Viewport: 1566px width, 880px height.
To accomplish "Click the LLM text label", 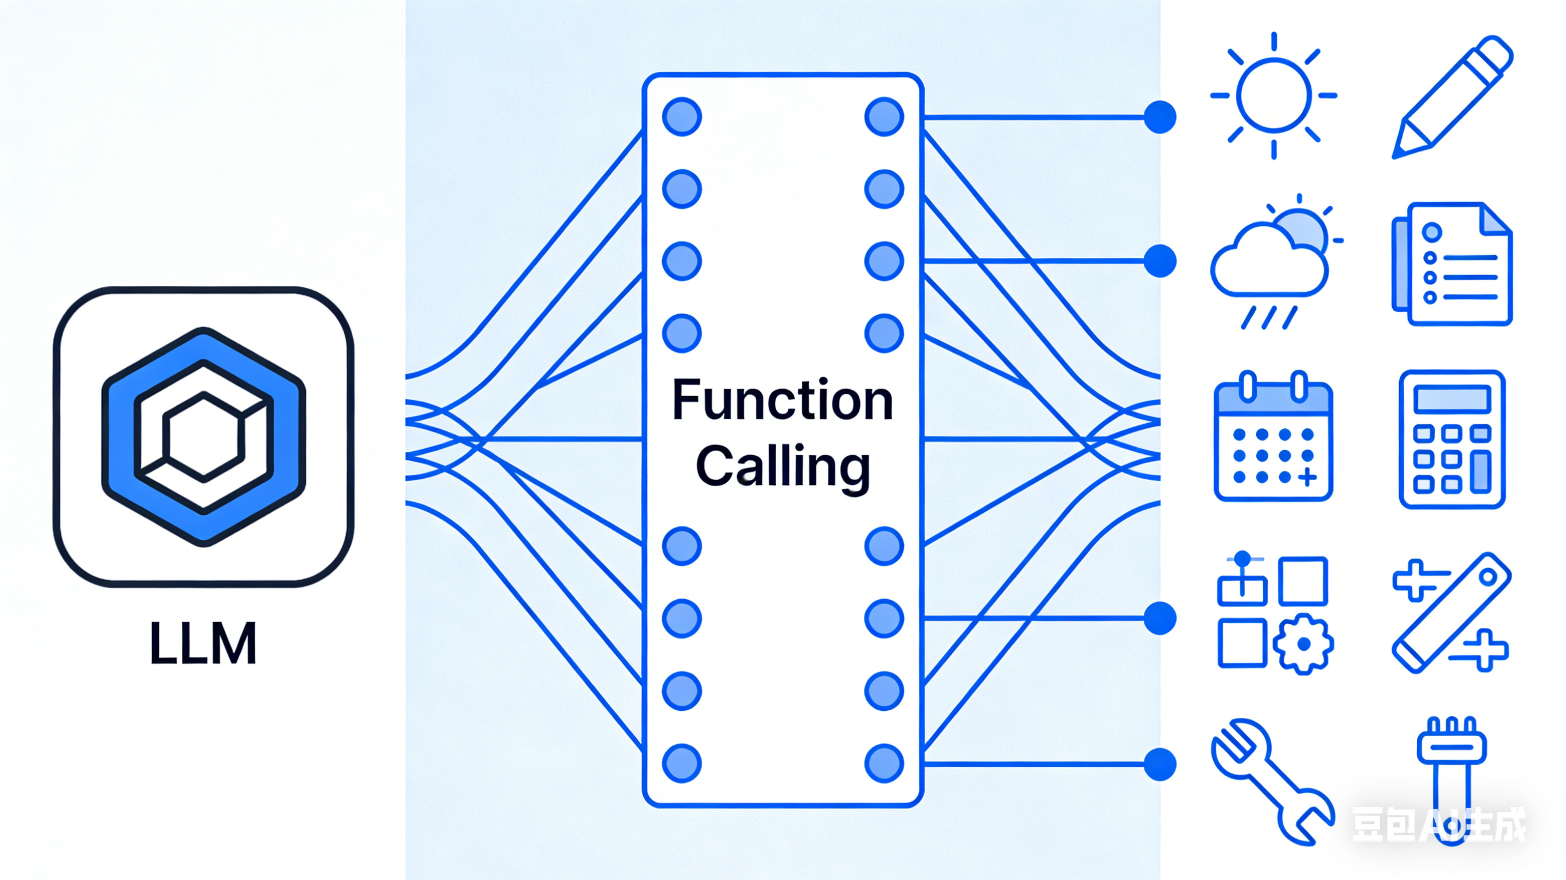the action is point(203,643).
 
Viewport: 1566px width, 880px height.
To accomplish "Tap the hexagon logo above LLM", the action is point(204,436).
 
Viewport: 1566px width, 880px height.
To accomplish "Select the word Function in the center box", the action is point(783,400).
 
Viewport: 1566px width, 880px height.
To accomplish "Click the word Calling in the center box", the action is point(783,467).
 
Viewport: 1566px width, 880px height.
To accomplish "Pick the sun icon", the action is point(1273,95).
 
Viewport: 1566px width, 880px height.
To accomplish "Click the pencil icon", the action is point(1452,97).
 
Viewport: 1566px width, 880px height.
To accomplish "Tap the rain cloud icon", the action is point(1275,262).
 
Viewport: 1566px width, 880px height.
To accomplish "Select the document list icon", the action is point(1452,264).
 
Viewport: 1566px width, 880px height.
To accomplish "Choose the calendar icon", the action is point(1273,436).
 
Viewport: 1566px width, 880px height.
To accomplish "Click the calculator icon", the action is point(1452,439).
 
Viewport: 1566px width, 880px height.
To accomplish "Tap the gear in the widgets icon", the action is point(1303,644).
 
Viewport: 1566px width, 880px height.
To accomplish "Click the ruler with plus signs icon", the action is point(1452,613).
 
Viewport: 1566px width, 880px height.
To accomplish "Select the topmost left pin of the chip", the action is point(682,117).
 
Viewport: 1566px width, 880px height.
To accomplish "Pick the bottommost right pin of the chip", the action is point(884,763).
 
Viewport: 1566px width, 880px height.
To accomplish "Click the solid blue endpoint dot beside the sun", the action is point(1160,117).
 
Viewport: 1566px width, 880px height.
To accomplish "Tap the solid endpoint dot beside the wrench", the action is point(1160,764).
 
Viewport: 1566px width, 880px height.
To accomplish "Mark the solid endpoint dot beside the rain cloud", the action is point(1160,261).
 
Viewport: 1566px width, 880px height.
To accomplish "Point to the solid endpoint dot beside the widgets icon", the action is point(1160,618).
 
